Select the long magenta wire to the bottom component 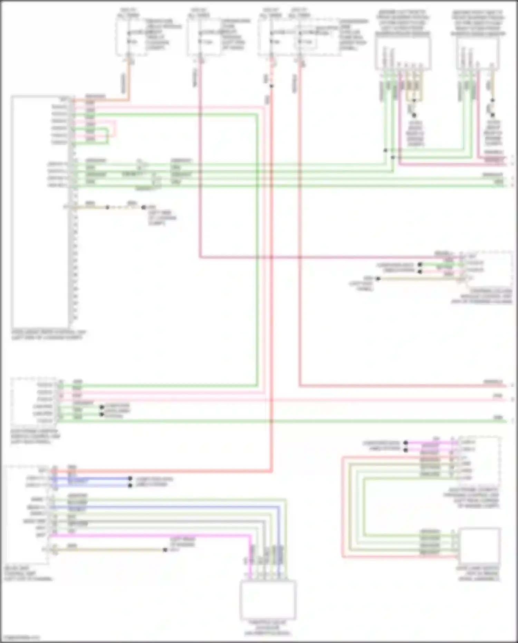[x=155, y=536]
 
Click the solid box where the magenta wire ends [x=268, y=600]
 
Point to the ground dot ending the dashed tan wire [x=144, y=207]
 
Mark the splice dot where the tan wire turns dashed [x=107, y=207]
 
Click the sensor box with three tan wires [x=403, y=54]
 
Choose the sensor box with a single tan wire [x=478, y=54]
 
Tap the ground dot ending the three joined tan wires [x=414, y=115]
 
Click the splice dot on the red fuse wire [x=271, y=86]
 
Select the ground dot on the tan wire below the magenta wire [x=165, y=550]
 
